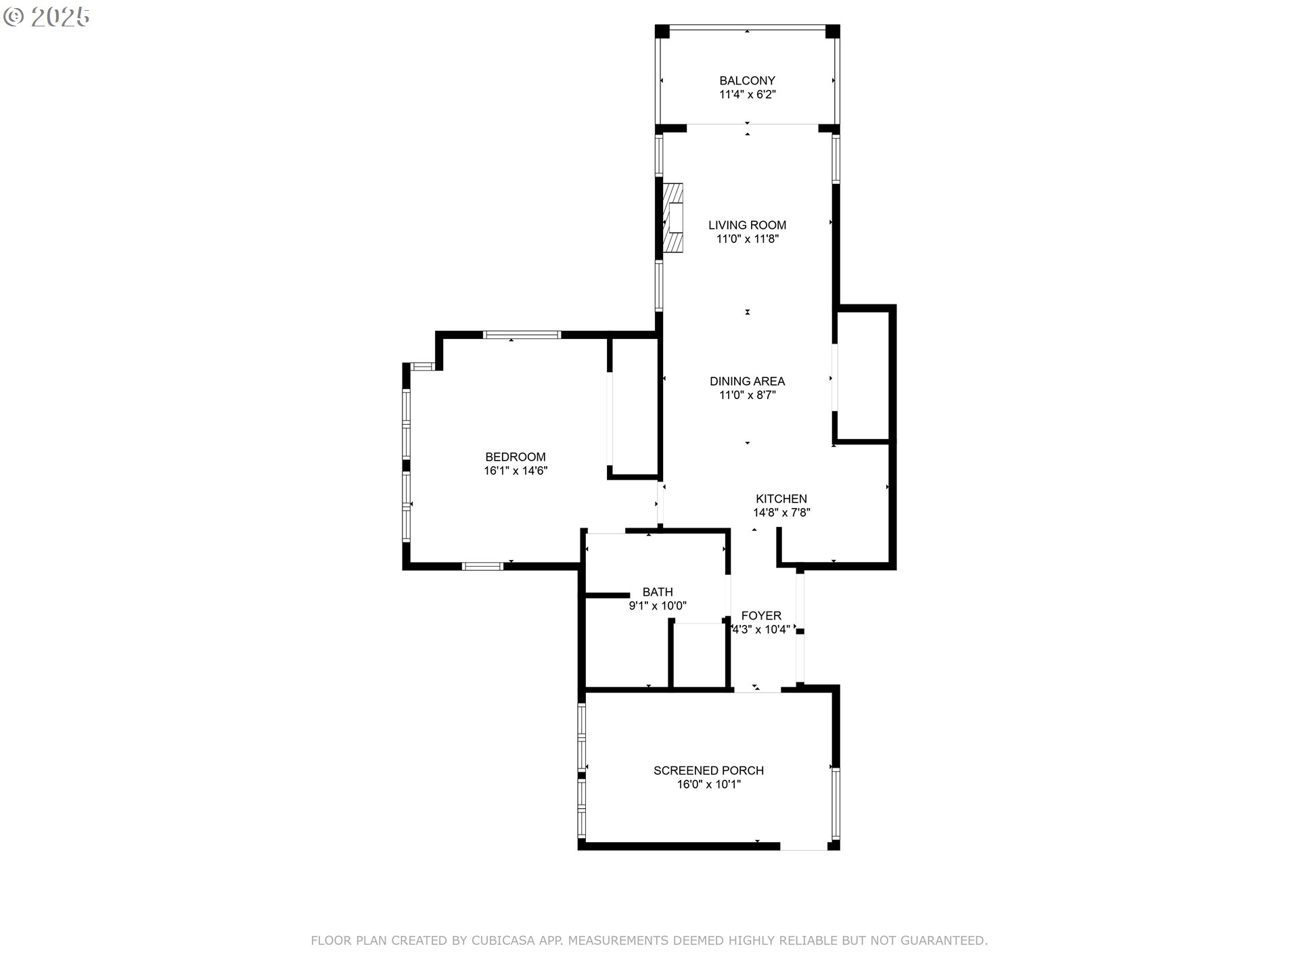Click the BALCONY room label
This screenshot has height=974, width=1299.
click(x=747, y=80)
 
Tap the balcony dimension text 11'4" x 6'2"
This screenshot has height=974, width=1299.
click(x=747, y=95)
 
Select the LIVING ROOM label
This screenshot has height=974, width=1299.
click(x=747, y=225)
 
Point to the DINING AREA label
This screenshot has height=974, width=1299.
click(x=747, y=381)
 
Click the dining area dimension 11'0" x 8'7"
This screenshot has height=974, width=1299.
click(x=747, y=396)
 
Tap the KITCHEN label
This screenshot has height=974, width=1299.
click(x=781, y=498)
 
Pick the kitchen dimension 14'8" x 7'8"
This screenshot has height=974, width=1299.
click(x=781, y=513)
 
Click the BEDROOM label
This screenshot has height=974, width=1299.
click(x=516, y=457)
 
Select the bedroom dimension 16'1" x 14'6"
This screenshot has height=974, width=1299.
click(x=516, y=471)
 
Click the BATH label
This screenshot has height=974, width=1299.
click(x=658, y=593)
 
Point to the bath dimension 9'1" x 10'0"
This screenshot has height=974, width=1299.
click(x=658, y=607)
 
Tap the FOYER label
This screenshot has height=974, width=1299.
click(x=761, y=616)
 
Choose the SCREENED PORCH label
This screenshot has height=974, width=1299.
click(x=708, y=770)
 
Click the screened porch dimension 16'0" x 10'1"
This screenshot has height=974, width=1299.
click(x=708, y=785)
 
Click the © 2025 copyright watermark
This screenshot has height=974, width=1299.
click(x=46, y=18)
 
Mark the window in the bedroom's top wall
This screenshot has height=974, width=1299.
click(x=522, y=334)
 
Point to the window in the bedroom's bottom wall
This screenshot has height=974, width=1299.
click(x=482, y=566)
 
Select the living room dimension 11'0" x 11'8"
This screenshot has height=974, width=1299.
click(x=747, y=239)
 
